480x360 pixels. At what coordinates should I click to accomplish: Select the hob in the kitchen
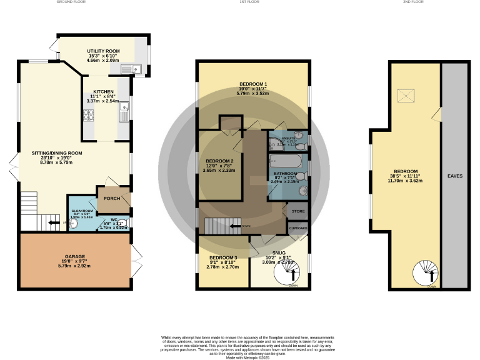(x=89, y=114)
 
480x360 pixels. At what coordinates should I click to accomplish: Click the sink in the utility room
(x=132, y=68)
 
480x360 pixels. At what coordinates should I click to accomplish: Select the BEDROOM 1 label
(x=252, y=84)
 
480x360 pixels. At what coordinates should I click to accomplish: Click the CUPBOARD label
(x=298, y=229)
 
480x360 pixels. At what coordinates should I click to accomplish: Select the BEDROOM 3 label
(x=223, y=257)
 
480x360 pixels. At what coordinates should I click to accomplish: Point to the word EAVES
(x=454, y=176)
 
